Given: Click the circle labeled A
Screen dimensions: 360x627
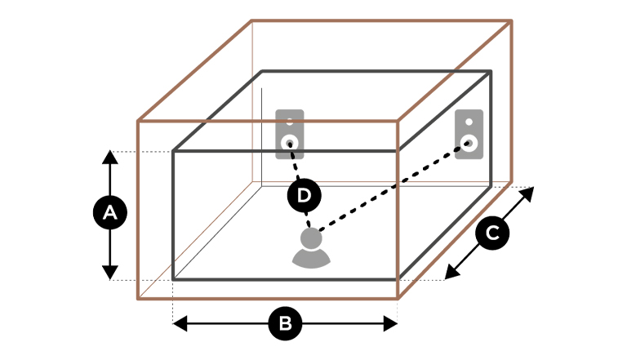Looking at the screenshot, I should click(x=109, y=214).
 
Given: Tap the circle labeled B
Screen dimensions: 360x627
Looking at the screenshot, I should click(x=285, y=323).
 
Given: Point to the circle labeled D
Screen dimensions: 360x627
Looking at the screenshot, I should click(x=304, y=195).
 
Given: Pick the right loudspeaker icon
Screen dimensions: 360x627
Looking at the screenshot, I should click(x=469, y=134).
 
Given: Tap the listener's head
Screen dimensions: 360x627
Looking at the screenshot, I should click(x=311, y=240).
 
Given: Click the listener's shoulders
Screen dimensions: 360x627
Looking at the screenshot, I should click(x=311, y=259).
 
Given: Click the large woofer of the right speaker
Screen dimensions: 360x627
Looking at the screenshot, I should click(x=469, y=144).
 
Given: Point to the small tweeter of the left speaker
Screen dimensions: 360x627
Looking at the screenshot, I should click(x=290, y=121).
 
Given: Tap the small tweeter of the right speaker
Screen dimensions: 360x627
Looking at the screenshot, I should click(x=469, y=121).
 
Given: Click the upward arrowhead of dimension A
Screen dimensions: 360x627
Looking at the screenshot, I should click(x=109, y=157).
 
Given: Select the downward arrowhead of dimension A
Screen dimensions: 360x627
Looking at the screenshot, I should click(x=109, y=273).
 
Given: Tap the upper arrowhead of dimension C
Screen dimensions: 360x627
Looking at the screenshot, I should click(x=528, y=193).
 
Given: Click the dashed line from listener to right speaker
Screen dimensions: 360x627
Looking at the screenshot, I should click(x=392, y=189).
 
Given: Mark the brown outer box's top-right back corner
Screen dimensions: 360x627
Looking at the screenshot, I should click(x=511, y=20).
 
